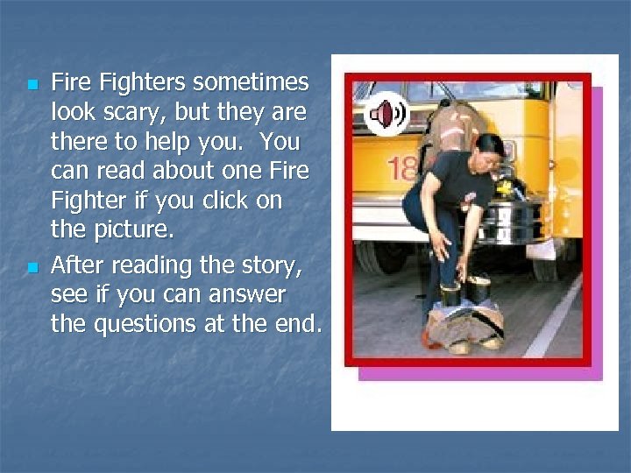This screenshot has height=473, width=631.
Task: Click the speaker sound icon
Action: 386,114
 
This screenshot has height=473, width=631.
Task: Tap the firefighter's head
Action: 487,146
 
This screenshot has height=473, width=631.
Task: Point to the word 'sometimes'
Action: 251,82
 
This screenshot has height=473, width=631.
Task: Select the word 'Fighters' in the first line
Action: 144,82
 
